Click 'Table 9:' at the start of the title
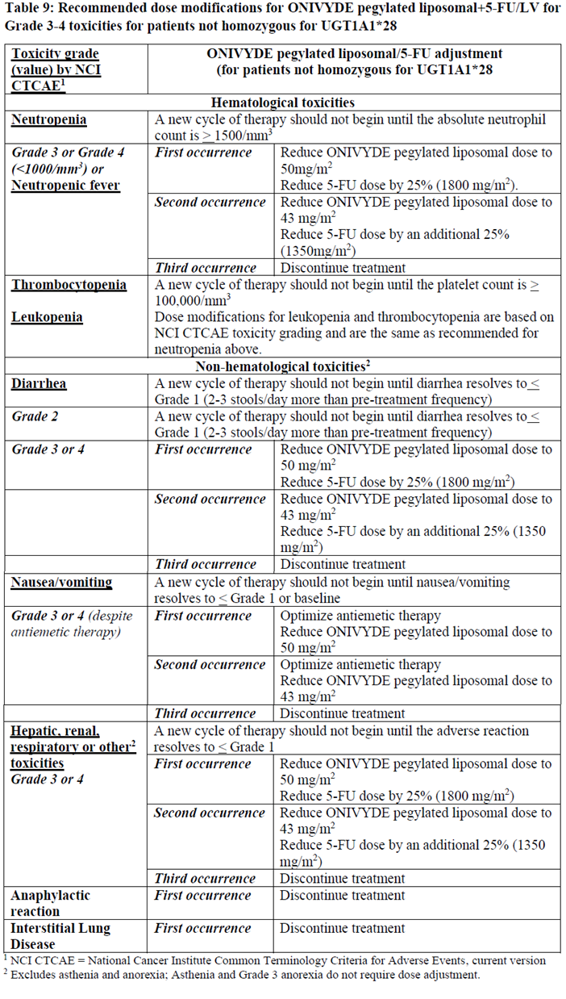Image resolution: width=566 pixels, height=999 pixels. coord(30,10)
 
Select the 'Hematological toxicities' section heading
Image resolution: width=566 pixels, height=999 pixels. coord(283,102)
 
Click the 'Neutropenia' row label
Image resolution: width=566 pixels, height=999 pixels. coord(49,119)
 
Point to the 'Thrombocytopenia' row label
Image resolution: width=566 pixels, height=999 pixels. coord(69,285)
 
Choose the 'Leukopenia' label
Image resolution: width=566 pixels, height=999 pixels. coord(47,317)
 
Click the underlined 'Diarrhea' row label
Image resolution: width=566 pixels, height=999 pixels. coord(39,384)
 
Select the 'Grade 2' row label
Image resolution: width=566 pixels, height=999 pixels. coord(35,416)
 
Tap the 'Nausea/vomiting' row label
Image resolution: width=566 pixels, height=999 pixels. coord(61,582)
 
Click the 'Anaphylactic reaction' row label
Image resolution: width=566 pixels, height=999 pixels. coord(50,903)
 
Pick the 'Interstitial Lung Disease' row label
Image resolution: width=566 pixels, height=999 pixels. coord(60,936)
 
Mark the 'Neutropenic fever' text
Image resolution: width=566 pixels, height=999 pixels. coord(65,185)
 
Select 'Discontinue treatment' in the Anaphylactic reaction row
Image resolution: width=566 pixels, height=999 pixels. coord(342,895)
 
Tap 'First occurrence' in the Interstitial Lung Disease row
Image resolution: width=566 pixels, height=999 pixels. coord(202,928)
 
